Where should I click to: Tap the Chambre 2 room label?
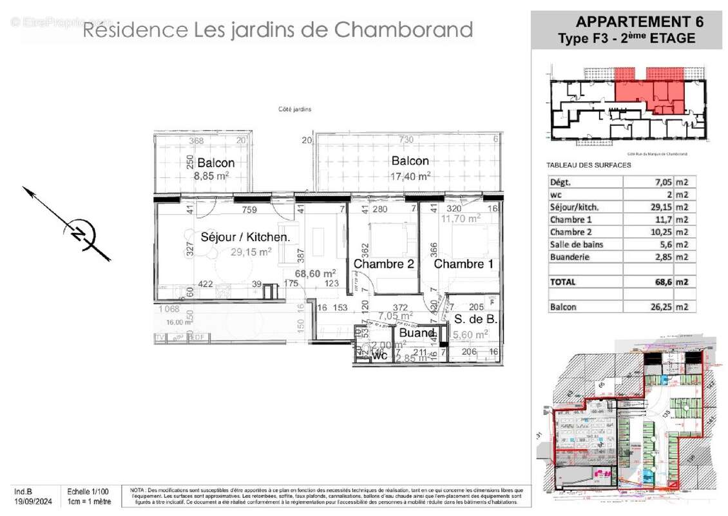383,264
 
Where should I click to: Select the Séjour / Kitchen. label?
245,237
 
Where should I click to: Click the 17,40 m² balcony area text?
410,175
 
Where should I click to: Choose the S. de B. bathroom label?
475,319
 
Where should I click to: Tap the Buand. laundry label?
417,333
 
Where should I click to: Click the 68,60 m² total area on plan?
315,273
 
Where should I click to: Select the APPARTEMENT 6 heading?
638,21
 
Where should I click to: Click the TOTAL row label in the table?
563,282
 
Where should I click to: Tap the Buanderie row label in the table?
570,257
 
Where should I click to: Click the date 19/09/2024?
34,501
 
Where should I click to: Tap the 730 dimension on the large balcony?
406,140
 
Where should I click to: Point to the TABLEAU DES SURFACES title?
589,165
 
